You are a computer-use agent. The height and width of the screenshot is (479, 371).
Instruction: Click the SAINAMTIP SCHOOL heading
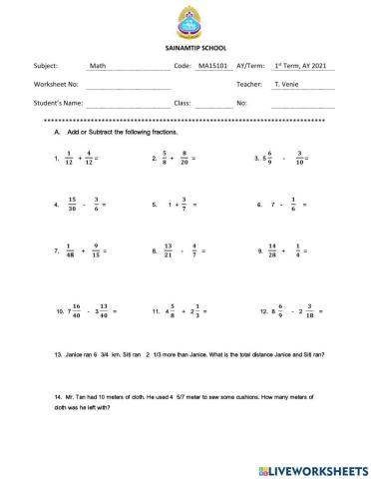click(185, 48)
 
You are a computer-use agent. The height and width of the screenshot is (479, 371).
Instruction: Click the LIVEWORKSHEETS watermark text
click(318, 468)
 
